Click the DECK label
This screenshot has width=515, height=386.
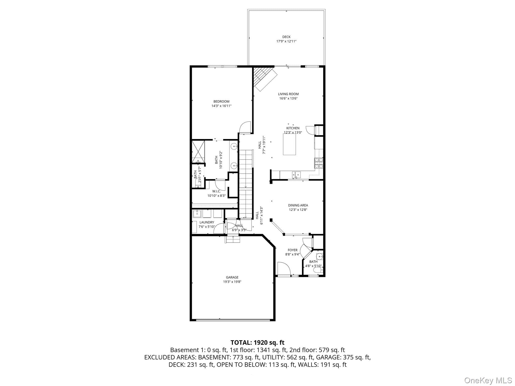point(286,37)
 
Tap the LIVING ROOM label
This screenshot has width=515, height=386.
point(288,94)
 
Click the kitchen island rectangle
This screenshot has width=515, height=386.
point(289,144)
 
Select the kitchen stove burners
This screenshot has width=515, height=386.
point(318,163)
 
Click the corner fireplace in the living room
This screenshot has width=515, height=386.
point(265,79)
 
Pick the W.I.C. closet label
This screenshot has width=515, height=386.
point(216,191)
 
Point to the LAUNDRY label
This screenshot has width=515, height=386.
point(207,222)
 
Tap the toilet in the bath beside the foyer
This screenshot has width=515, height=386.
point(318,270)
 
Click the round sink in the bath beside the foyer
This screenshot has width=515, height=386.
point(319,257)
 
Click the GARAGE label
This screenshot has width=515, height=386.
point(232,277)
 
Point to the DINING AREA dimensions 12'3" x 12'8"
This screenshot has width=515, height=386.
point(298,210)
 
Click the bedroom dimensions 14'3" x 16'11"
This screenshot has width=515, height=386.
point(221,106)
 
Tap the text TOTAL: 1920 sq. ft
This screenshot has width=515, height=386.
point(257,343)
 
